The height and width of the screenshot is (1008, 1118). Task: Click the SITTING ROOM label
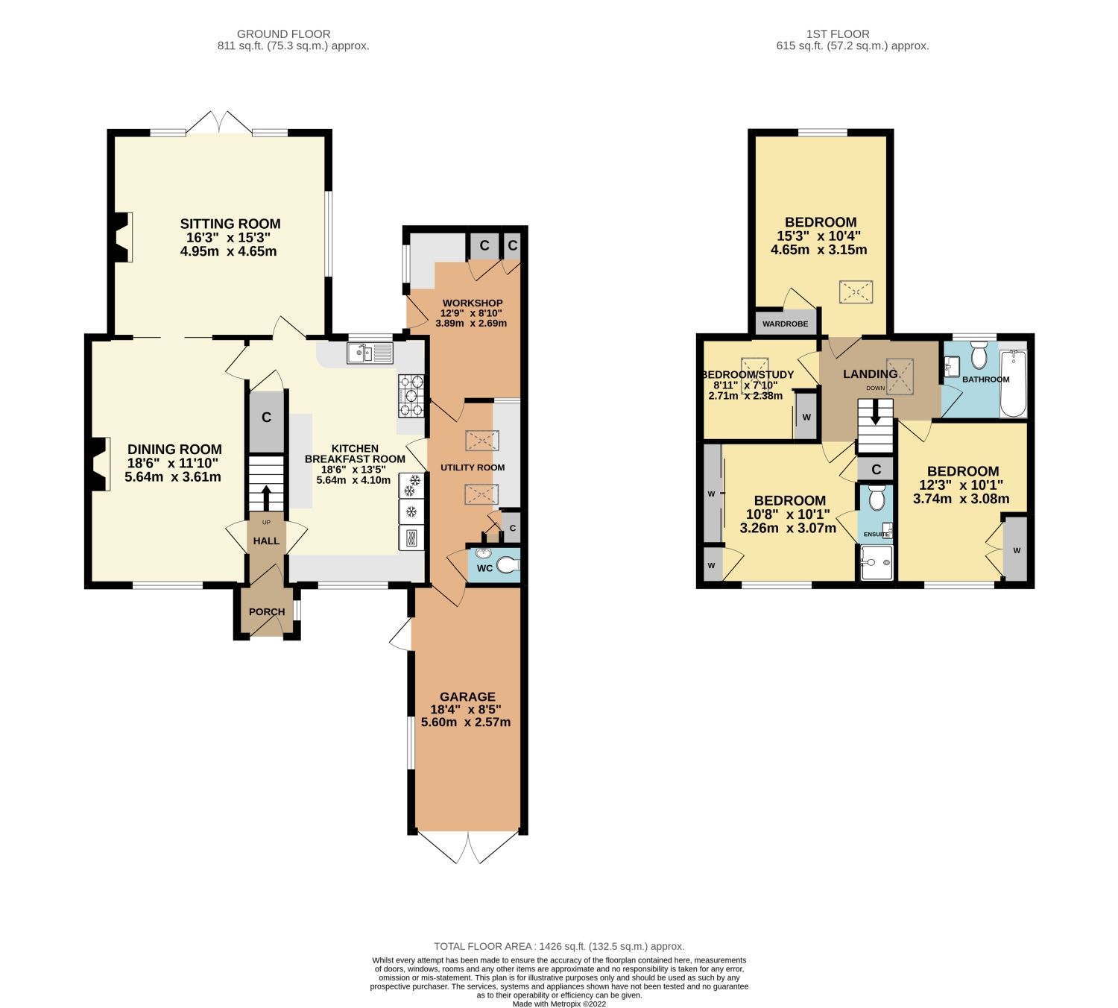coord(230,224)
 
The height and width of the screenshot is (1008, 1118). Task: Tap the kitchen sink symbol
coord(370,353)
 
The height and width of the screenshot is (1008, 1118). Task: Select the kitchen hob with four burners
coord(411,396)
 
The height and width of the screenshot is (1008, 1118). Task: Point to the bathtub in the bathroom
coord(1013,384)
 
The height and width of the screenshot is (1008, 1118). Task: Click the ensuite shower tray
coord(876,562)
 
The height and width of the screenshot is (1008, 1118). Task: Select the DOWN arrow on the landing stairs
coord(876,412)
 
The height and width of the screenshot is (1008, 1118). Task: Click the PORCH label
coord(267,611)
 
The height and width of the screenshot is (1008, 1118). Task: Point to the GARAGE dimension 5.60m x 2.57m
coord(466,722)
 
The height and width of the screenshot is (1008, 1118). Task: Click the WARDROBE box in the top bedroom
coord(786,324)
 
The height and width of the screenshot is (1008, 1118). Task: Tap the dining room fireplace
coord(98,464)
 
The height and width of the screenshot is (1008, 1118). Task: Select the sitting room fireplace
coord(122,237)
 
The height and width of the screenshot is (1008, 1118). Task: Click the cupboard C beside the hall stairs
coord(266,418)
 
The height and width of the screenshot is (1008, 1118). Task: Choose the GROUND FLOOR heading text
coord(283,34)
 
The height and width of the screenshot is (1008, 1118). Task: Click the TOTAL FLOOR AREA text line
coord(559,946)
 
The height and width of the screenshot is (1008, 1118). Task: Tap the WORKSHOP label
coord(472,303)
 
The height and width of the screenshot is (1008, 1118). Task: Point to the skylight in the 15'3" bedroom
coord(856,292)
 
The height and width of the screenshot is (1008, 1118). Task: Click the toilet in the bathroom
coord(979,356)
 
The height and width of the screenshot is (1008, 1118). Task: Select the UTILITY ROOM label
coord(473,467)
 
